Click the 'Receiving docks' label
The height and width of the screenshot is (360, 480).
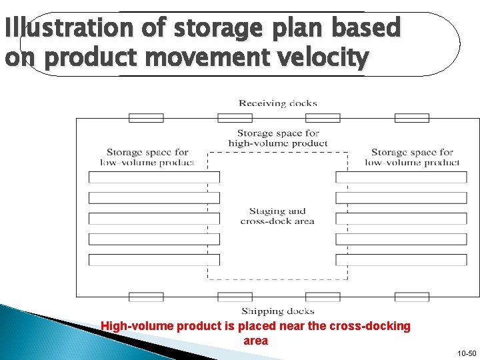[278, 103]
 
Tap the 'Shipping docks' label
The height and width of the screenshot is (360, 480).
[278, 311]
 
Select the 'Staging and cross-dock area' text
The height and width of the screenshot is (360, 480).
[277, 216]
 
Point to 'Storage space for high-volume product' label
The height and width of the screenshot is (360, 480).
[278, 138]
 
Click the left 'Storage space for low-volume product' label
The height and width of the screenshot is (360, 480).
[147, 157]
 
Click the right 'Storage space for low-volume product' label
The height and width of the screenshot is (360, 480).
[412, 157]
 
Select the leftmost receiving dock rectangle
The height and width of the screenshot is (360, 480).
[146, 118]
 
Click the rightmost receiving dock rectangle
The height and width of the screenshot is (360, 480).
[411, 118]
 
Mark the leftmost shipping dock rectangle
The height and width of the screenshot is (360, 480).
[146, 297]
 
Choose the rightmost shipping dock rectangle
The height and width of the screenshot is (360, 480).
[411, 297]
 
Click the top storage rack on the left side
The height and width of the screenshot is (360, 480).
[154, 177]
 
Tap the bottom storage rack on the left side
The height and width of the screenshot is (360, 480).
[154, 260]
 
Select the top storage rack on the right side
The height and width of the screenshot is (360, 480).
[401, 177]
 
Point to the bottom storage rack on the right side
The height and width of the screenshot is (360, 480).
[401, 260]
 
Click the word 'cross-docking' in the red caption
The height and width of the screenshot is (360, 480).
[376, 327]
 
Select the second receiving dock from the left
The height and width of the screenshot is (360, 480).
[235, 118]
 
